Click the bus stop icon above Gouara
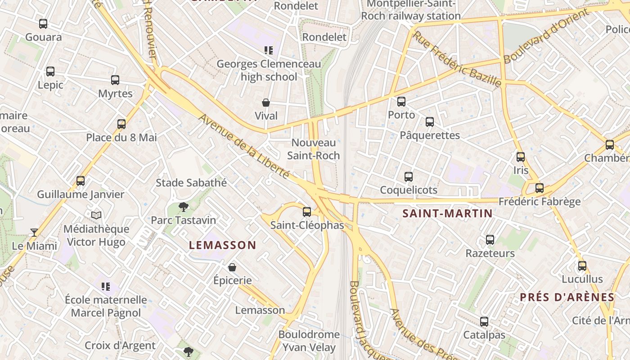(43, 24)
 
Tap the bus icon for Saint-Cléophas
(307, 211)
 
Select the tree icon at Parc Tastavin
(183, 207)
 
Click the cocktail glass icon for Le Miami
(34, 232)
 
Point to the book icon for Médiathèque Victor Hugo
(96, 216)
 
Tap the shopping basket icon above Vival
(266, 103)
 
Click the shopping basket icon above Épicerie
(232, 267)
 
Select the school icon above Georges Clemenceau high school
(269, 50)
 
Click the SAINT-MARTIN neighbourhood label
(447, 213)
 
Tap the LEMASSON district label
(222, 245)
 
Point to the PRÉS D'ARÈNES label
(567, 297)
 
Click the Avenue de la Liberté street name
(243, 146)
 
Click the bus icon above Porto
(401, 102)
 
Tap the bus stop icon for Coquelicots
(409, 177)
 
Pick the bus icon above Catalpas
(484, 322)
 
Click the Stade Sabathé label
(191, 183)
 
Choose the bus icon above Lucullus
(582, 266)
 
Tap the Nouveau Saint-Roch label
(314, 149)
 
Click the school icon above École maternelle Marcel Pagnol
(106, 286)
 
